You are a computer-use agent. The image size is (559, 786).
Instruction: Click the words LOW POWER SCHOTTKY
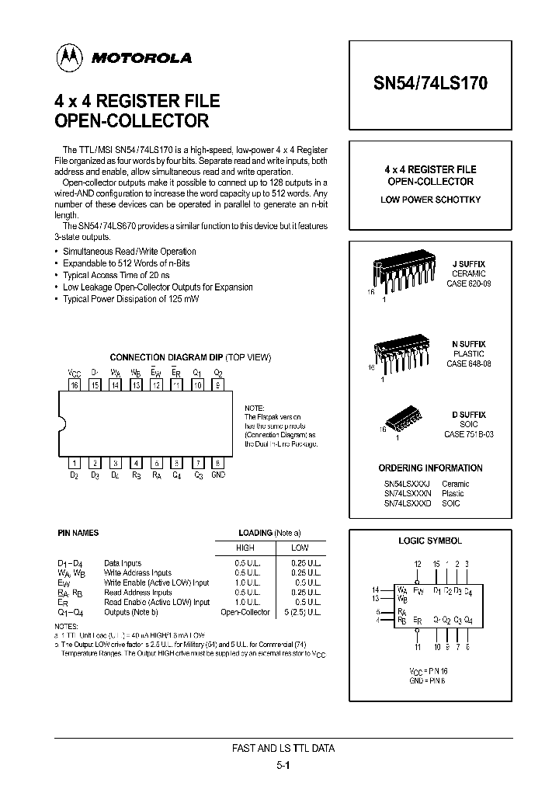pyautogui.click(x=430, y=200)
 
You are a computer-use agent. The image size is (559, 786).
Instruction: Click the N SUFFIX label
pyautogui.click(x=468, y=343)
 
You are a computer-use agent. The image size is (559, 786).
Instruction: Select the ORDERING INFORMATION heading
pyautogui.click(x=430, y=468)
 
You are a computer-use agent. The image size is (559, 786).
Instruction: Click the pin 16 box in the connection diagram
pyautogui.click(x=75, y=384)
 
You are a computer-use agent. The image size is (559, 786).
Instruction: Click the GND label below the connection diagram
pyautogui.click(x=218, y=475)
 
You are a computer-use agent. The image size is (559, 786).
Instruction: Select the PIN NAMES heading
pyautogui.click(x=78, y=534)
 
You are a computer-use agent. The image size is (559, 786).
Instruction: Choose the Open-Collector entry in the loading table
pyautogui.click(x=245, y=612)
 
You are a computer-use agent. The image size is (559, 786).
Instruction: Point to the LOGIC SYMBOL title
pyautogui.click(x=430, y=541)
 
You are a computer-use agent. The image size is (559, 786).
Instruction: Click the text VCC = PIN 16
pyautogui.click(x=429, y=669)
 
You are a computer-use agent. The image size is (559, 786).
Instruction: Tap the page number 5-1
pyautogui.click(x=283, y=764)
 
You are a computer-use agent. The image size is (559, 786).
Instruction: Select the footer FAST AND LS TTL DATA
pyautogui.click(x=283, y=749)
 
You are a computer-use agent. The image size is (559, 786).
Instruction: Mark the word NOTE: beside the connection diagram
pyautogui.click(x=254, y=408)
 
